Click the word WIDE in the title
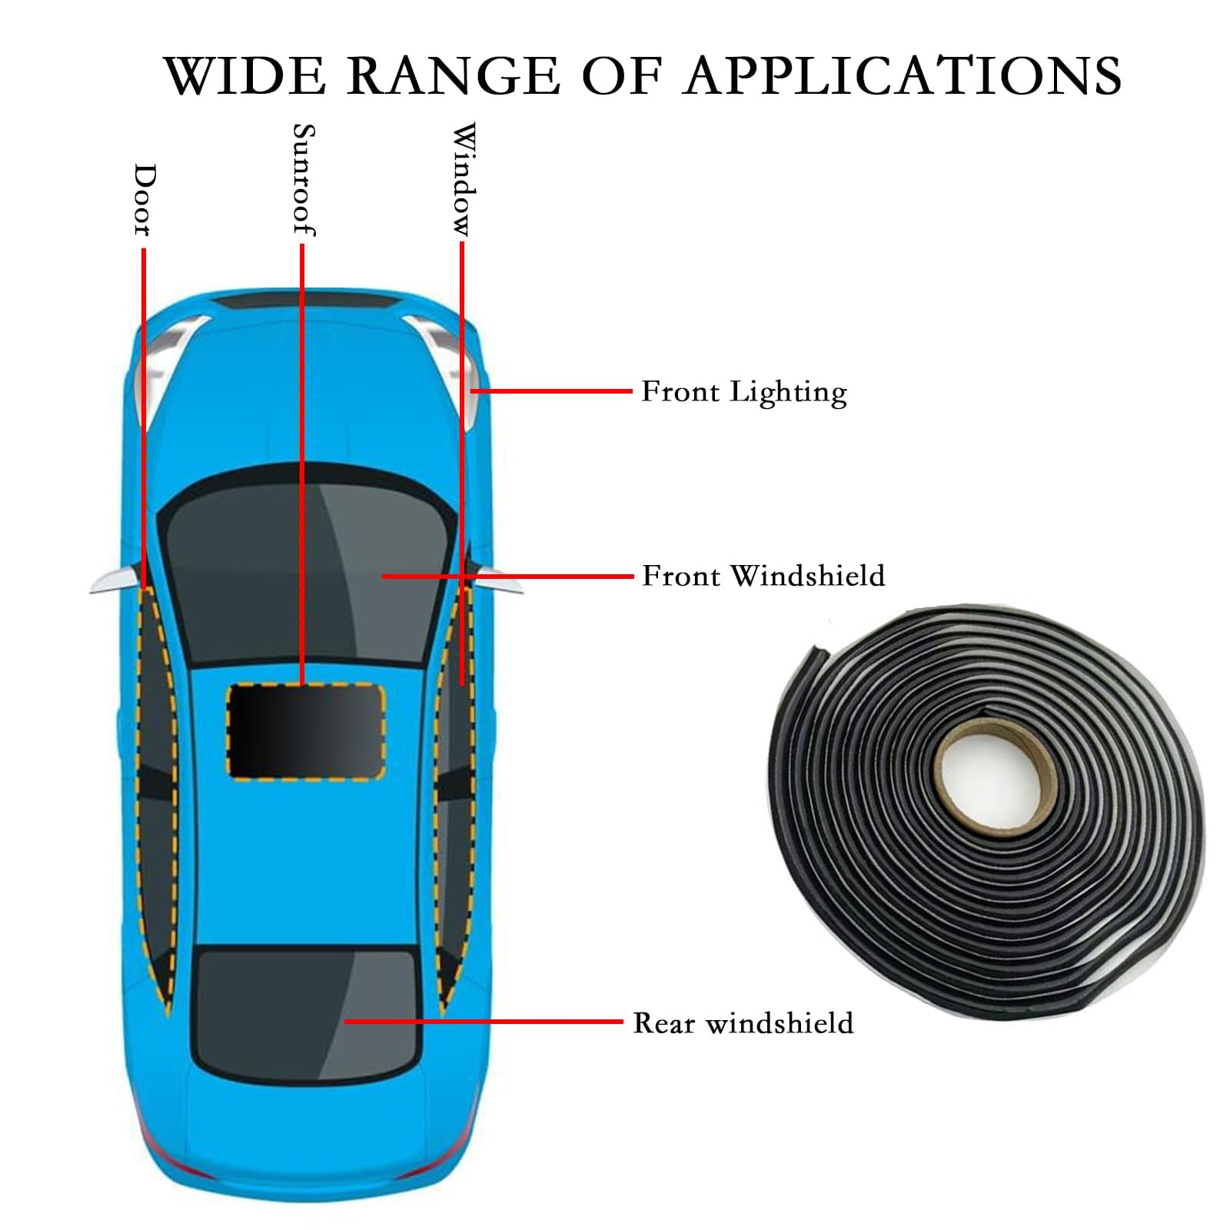coord(246,75)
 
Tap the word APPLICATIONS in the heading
coord(903,75)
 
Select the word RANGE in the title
coord(454,75)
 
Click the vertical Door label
coord(144,199)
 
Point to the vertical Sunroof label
coord(304,180)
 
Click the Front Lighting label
coord(744,392)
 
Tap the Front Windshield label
coord(763,576)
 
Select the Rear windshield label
coord(743,1023)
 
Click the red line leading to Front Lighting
coord(551,391)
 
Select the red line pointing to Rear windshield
coord(483,1022)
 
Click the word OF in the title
coord(622,75)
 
